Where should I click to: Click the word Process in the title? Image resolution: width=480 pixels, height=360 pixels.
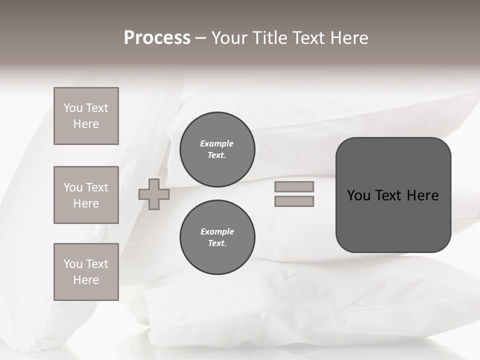click(x=157, y=38)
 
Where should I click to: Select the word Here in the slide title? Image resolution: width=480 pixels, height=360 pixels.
click(x=349, y=38)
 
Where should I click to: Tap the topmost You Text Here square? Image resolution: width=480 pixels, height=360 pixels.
click(x=86, y=116)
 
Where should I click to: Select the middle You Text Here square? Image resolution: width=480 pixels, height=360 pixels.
click(x=86, y=195)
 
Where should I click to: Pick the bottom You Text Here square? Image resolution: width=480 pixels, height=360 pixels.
click(x=86, y=272)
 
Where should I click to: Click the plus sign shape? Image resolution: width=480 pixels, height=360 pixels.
click(x=154, y=194)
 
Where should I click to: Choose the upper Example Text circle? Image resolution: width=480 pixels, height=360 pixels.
click(x=217, y=149)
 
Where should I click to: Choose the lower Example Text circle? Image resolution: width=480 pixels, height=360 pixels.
click(x=217, y=237)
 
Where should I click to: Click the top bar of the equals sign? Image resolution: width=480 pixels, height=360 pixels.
click(x=294, y=186)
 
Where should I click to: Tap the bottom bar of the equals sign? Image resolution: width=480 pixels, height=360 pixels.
click(x=294, y=201)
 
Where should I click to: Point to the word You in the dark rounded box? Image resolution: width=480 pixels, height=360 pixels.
click(x=358, y=195)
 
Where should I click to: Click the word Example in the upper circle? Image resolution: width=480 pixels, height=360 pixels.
click(x=217, y=143)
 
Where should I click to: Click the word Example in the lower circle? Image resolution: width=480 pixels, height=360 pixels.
click(x=217, y=231)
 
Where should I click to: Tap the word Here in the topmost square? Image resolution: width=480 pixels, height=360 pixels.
click(x=86, y=124)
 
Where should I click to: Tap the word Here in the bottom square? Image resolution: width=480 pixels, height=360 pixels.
click(x=86, y=280)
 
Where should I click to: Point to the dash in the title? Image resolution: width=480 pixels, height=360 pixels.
click(x=200, y=38)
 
